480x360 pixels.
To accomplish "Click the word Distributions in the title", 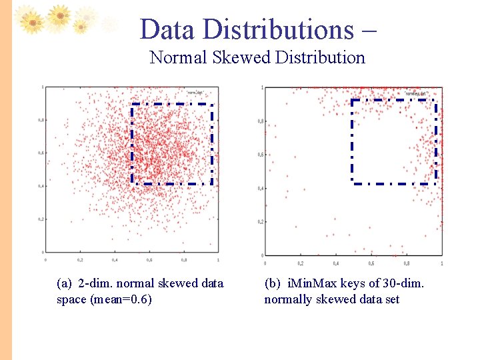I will [278, 30].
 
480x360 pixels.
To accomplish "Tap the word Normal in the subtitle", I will [179, 58].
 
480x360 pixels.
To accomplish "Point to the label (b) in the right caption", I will [272, 283].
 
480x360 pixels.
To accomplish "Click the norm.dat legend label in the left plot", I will [195, 92].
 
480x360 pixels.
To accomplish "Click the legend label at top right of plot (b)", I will [416, 94].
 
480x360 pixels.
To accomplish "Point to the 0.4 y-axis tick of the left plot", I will [41, 186].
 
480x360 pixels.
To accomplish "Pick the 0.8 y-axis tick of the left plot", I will [41, 120].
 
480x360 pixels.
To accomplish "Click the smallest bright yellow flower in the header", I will [80, 27].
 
